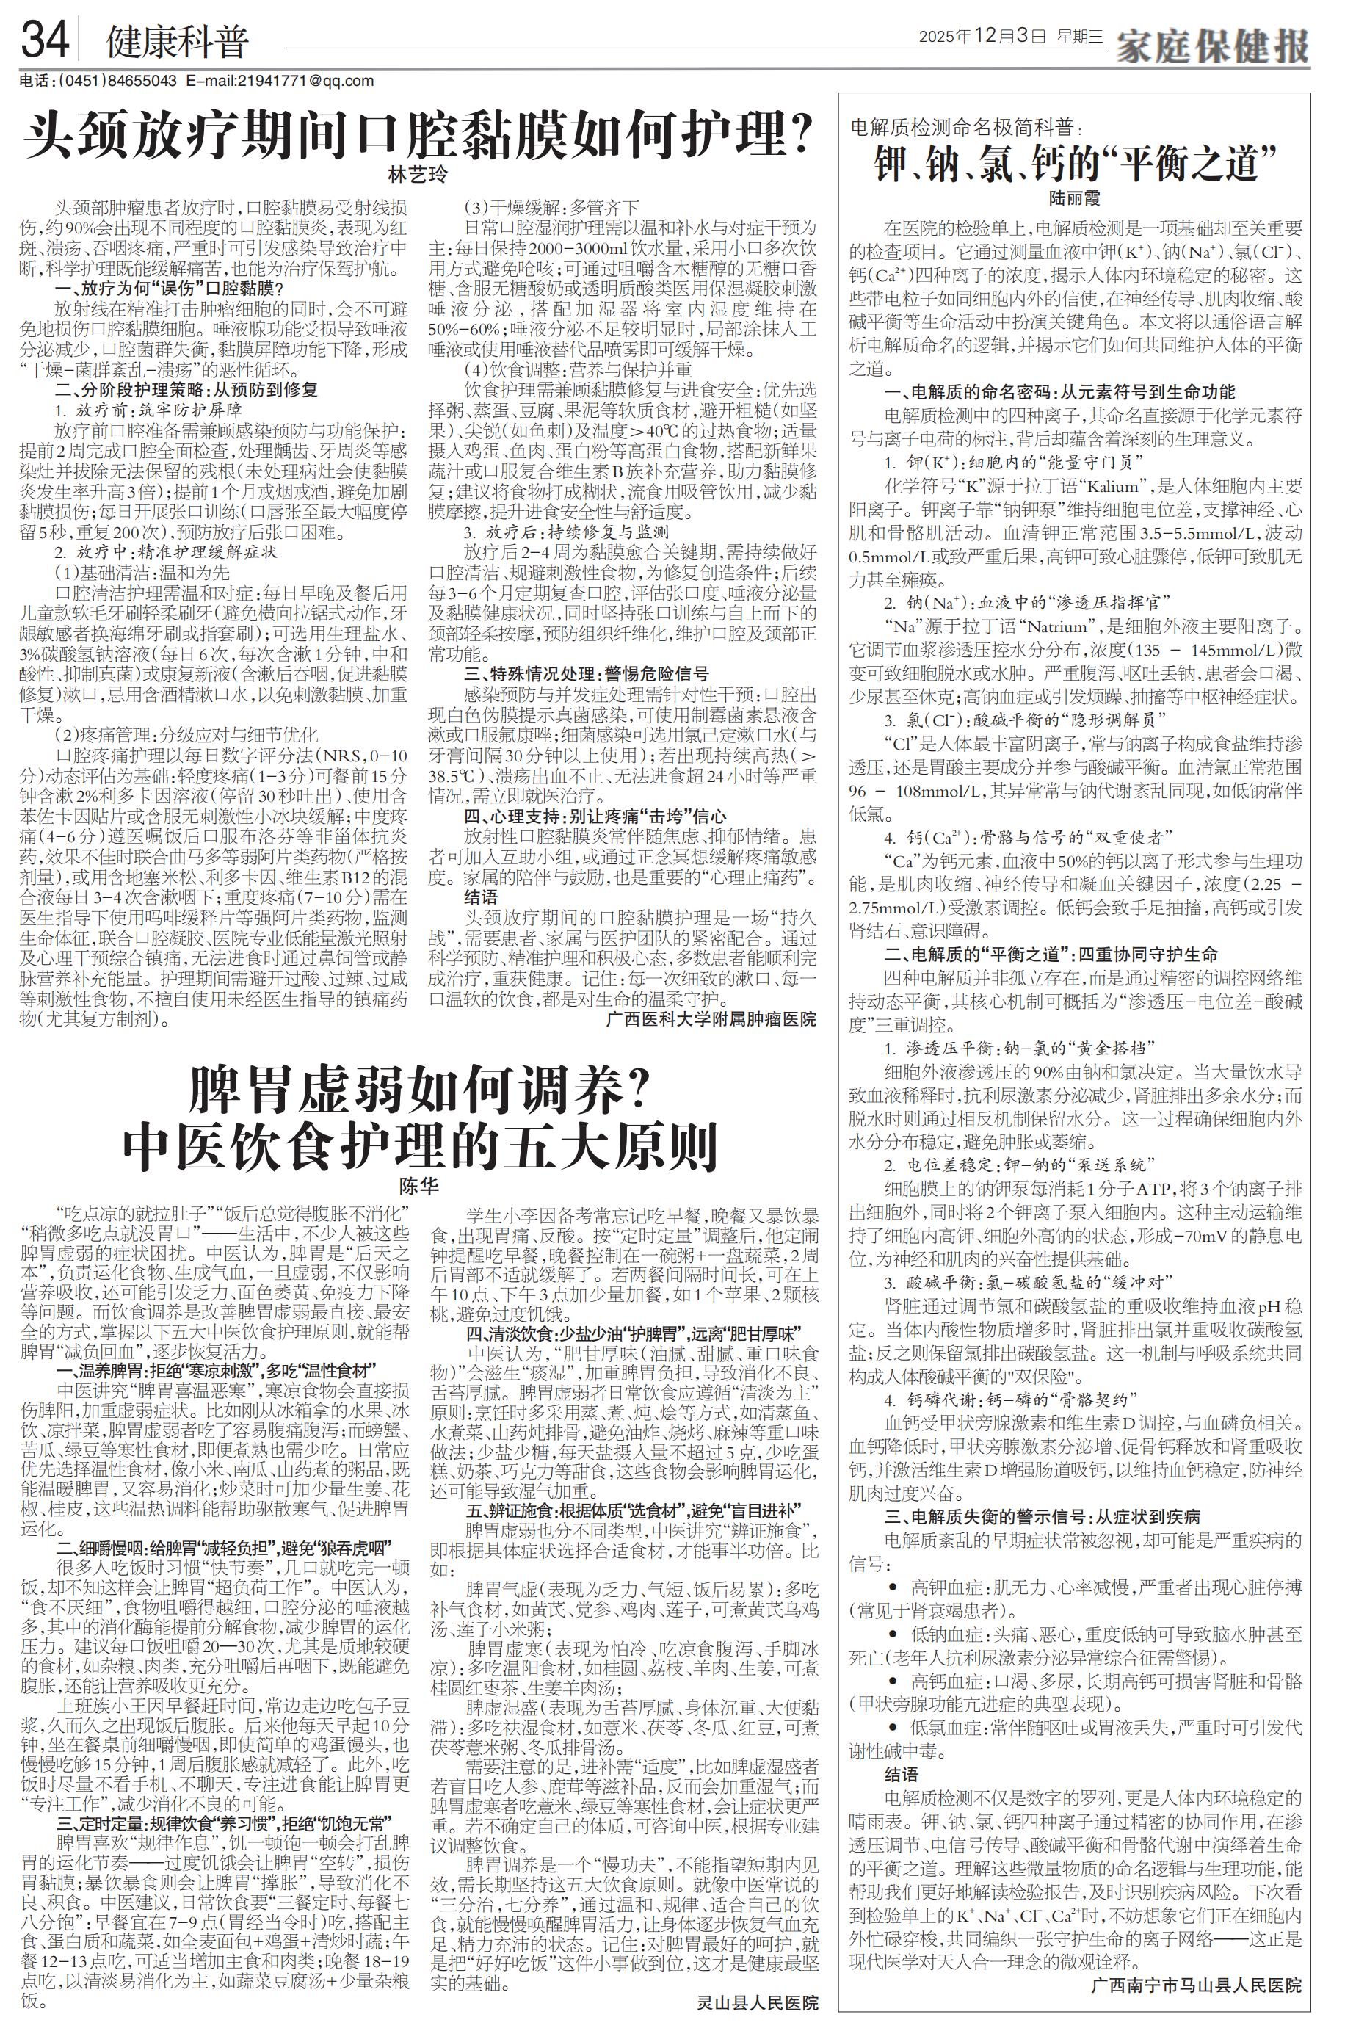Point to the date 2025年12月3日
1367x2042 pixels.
click(x=980, y=37)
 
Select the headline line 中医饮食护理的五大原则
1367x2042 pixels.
click(x=418, y=1148)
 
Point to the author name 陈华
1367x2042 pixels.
click(x=418, y=1187)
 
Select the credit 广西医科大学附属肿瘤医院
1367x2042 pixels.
click(x=711, y=1018)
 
